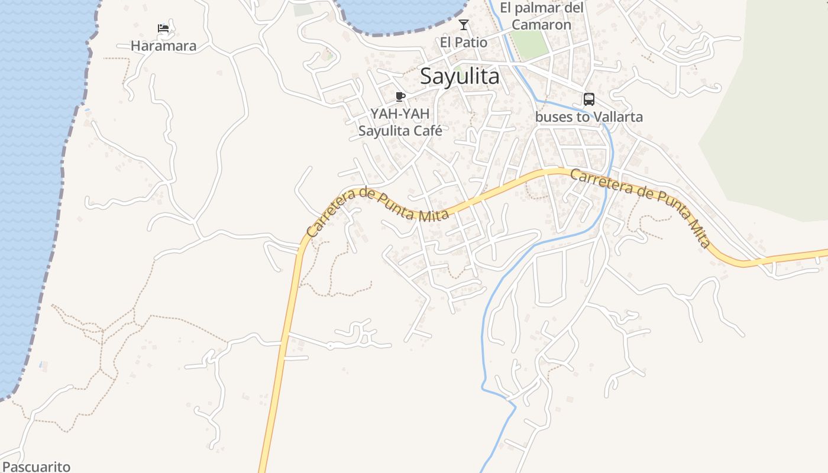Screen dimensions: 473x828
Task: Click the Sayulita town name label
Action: pyautogui.click(x=460, y=76)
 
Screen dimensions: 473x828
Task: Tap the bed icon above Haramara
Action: pyautogui.click(x=163, y=28)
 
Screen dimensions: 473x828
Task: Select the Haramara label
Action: pyautogui.click(x=163, y=46)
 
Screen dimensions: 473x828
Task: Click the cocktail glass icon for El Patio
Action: pyautogui.click(x=464, y=25)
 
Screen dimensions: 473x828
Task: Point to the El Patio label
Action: pyautogui.click(x=464, y=43)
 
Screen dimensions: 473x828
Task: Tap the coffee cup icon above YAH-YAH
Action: pyautogui.click(x=400, y=96)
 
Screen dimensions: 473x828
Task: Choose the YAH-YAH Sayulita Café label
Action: pyautogui.click(x=400, y=122)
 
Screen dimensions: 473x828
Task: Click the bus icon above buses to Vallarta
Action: pyautogui.click(x=588, y=99)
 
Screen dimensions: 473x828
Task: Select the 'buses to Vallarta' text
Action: pyautogui.click(x=588, y=117)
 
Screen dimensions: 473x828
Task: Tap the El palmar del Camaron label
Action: pyautogui.click(x=541, y=16)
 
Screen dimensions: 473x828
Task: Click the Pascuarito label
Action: pyautogui.click(x=36, y=466)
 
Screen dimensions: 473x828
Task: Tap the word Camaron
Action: pyautogui.click(x=541, y=25)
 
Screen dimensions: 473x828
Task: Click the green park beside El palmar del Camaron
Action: pyautogui.click(x=529, y=44)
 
